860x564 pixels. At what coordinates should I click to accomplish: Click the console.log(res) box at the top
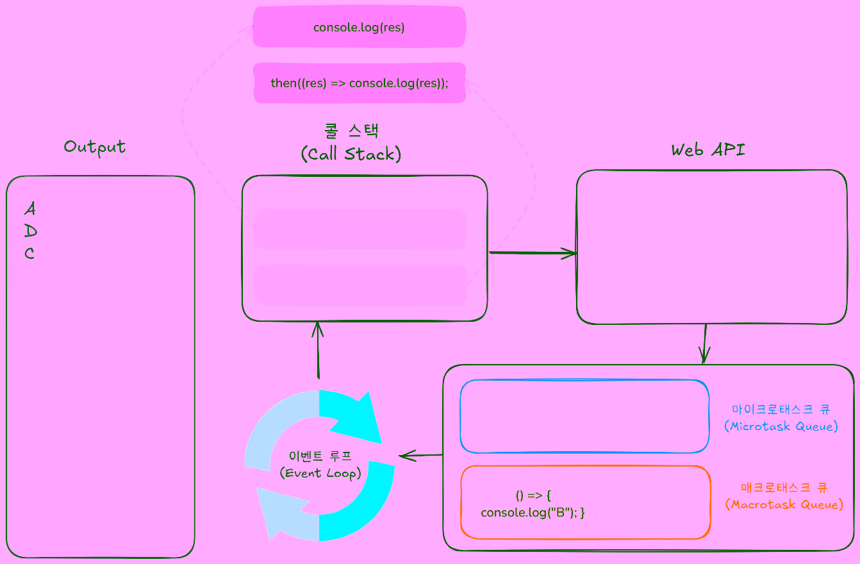point(359,28)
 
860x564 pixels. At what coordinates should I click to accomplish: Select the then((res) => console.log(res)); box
point(359,83)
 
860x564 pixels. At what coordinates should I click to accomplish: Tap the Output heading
point(95,147)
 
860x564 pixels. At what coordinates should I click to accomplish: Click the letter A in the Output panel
point(30,209)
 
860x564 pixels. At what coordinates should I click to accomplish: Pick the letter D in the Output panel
point(30,231)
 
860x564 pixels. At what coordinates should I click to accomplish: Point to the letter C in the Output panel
point(29,254)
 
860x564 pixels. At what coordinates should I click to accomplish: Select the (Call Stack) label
point(351,154)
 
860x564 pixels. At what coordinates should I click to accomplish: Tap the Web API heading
point(708,150)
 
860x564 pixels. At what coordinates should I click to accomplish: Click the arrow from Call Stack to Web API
point(533,253)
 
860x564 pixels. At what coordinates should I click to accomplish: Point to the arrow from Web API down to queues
point(705,344)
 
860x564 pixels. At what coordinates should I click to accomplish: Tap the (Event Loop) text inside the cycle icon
point(320,474)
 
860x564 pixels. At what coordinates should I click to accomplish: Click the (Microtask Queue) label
point(781,426)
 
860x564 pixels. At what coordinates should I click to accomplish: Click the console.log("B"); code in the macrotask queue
point(533,513)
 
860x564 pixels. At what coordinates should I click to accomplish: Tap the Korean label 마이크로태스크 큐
point(781,409)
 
